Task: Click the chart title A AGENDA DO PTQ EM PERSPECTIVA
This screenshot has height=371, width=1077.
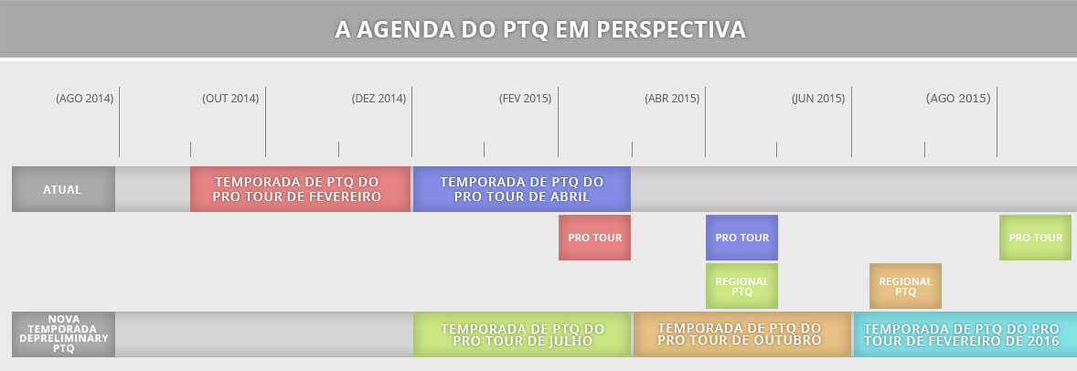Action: [x=540, y=29]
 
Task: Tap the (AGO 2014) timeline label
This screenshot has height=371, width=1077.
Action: [x=84, y=99]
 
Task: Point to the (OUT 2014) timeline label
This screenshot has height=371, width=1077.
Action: [x=230, y=99]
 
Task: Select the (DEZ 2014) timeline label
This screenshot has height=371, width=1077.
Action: [x=379, y=99]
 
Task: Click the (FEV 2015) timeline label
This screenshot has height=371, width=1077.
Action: [x=526, y=99]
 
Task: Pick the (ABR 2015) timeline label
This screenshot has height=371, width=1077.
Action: [x=672, y=99]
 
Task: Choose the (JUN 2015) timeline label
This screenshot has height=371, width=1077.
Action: [x=818, y=99]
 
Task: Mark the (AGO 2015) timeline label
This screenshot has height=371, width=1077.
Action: [x=958, y=99]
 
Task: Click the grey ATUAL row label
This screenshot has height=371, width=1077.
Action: [x=63, y=189]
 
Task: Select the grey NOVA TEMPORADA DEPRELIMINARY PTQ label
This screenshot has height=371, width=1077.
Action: [x=63, y=334]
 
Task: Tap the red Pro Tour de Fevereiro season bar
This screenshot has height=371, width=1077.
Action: [x=300, y=189]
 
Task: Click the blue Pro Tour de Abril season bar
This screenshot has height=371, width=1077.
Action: [x=522, y=189]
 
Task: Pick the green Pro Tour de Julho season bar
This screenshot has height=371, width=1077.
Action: [x=522, y=334]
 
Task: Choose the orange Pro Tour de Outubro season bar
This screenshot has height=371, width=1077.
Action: [x=741, y=334]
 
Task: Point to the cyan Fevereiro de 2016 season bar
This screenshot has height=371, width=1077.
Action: [x=965, y=334]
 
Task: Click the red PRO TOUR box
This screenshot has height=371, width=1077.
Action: [x=595, y=238]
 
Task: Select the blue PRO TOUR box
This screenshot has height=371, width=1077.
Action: [x=741, y=238]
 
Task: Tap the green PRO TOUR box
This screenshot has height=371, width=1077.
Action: [x=1035, y=238]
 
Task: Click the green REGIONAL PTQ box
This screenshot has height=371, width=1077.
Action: [x=741, y=286]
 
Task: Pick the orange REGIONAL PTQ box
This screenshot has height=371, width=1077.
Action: [x=905, y=286]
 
